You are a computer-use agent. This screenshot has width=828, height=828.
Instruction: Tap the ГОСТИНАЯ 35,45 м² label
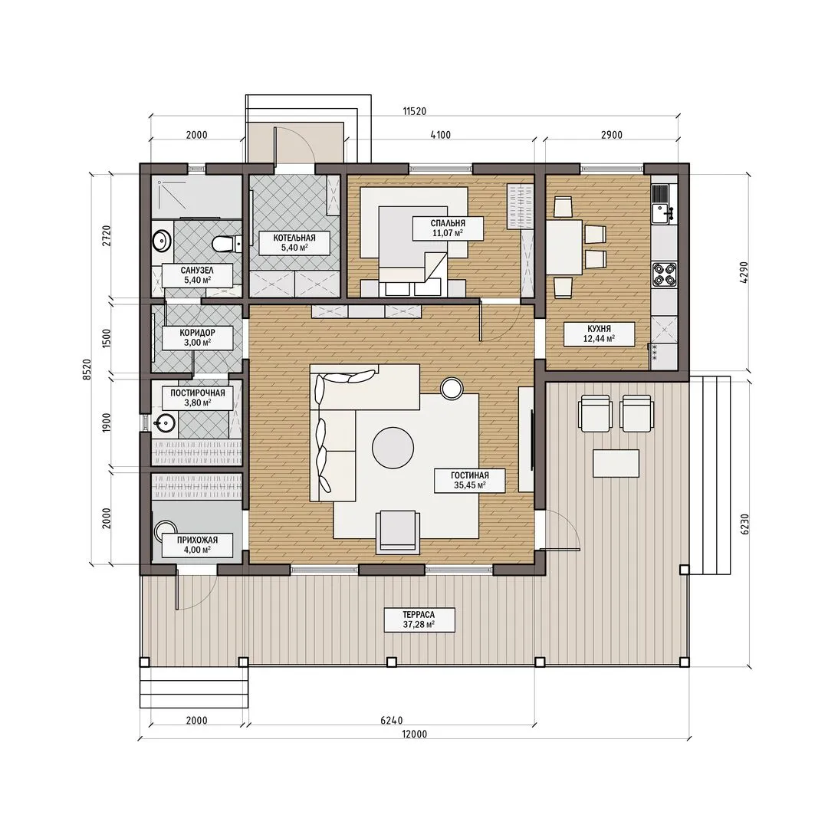coord(469,480)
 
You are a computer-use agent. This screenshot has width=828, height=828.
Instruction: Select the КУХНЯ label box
coord(599,333)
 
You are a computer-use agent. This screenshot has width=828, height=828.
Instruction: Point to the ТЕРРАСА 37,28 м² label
coord(419,620)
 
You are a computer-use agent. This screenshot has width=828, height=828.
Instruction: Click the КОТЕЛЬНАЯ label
coord(294,243)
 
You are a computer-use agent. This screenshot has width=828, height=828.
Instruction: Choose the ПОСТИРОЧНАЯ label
coord(198,398)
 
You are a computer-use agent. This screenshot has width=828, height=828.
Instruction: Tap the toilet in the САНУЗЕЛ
coord(227,244)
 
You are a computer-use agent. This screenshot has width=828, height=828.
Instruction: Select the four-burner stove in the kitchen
coord(664,274)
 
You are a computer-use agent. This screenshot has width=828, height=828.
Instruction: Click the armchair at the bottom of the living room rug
coord(398,532)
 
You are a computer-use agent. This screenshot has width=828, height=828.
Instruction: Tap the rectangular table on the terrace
coord(616,463)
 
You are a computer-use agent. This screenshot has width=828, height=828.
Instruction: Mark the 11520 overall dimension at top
coord(415,111)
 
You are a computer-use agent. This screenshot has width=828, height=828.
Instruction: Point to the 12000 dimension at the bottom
coord(415,734)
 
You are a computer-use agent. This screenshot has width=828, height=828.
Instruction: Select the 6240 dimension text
coord(391,720)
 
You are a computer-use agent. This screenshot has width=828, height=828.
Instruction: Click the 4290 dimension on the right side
coord(744,273)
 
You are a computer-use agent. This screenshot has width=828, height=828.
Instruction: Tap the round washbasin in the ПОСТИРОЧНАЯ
coord(165,422)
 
